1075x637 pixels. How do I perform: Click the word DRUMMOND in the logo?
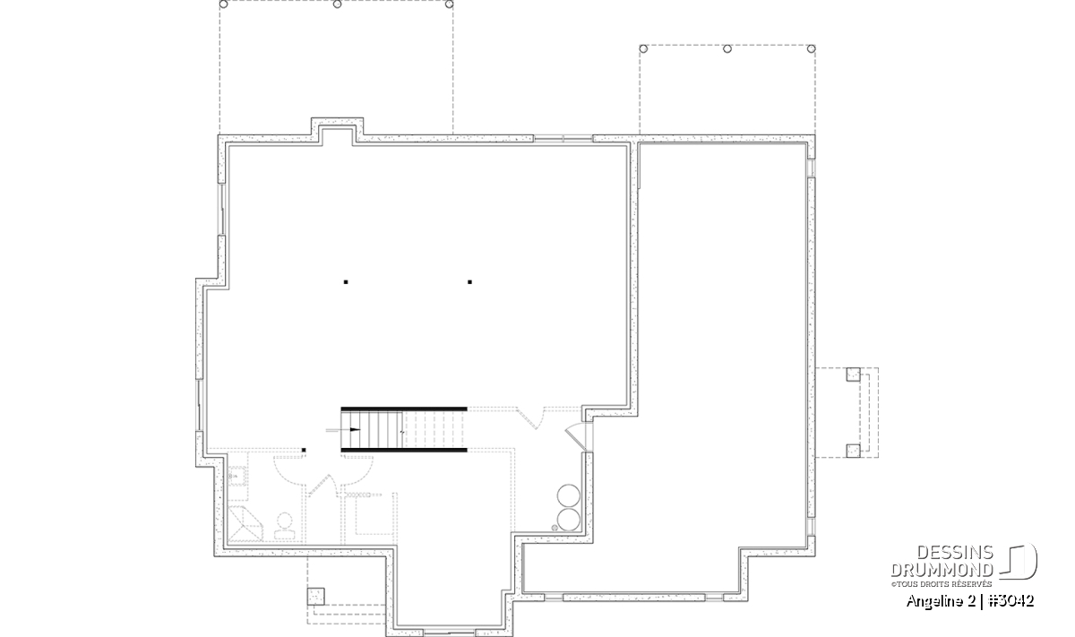[x=942, y=570]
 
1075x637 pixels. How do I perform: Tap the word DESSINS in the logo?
[x=955, y=553]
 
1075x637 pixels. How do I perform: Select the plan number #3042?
[x=1011, y=601]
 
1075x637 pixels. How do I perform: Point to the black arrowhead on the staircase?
[x=355, y=430]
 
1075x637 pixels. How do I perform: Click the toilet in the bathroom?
[x=284, y=526]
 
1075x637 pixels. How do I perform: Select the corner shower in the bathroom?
[x=245, y=524]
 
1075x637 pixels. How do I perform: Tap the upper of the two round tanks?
[x=569, y=495]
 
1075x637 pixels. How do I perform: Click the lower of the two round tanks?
[x=569, y=519]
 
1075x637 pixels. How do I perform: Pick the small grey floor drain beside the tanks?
[x=555, y=528]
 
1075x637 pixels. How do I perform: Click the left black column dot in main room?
[x=346, y=282]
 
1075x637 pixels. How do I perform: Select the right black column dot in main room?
[x=469, y=282]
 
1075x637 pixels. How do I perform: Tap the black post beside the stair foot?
[x=304, y=451]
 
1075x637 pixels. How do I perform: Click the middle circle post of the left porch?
[x=338, y=4]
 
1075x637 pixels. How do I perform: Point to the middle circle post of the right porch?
[x=727, y=48]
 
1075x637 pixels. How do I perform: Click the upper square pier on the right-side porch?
[x=853, y=374]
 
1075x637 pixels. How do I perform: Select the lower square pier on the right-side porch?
[x=853, y=451]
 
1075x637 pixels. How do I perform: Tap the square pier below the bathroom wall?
[x=315, y=597]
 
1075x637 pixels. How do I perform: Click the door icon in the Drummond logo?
[x=1019, y=561]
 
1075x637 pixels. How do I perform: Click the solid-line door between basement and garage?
[x=577, y=437]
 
